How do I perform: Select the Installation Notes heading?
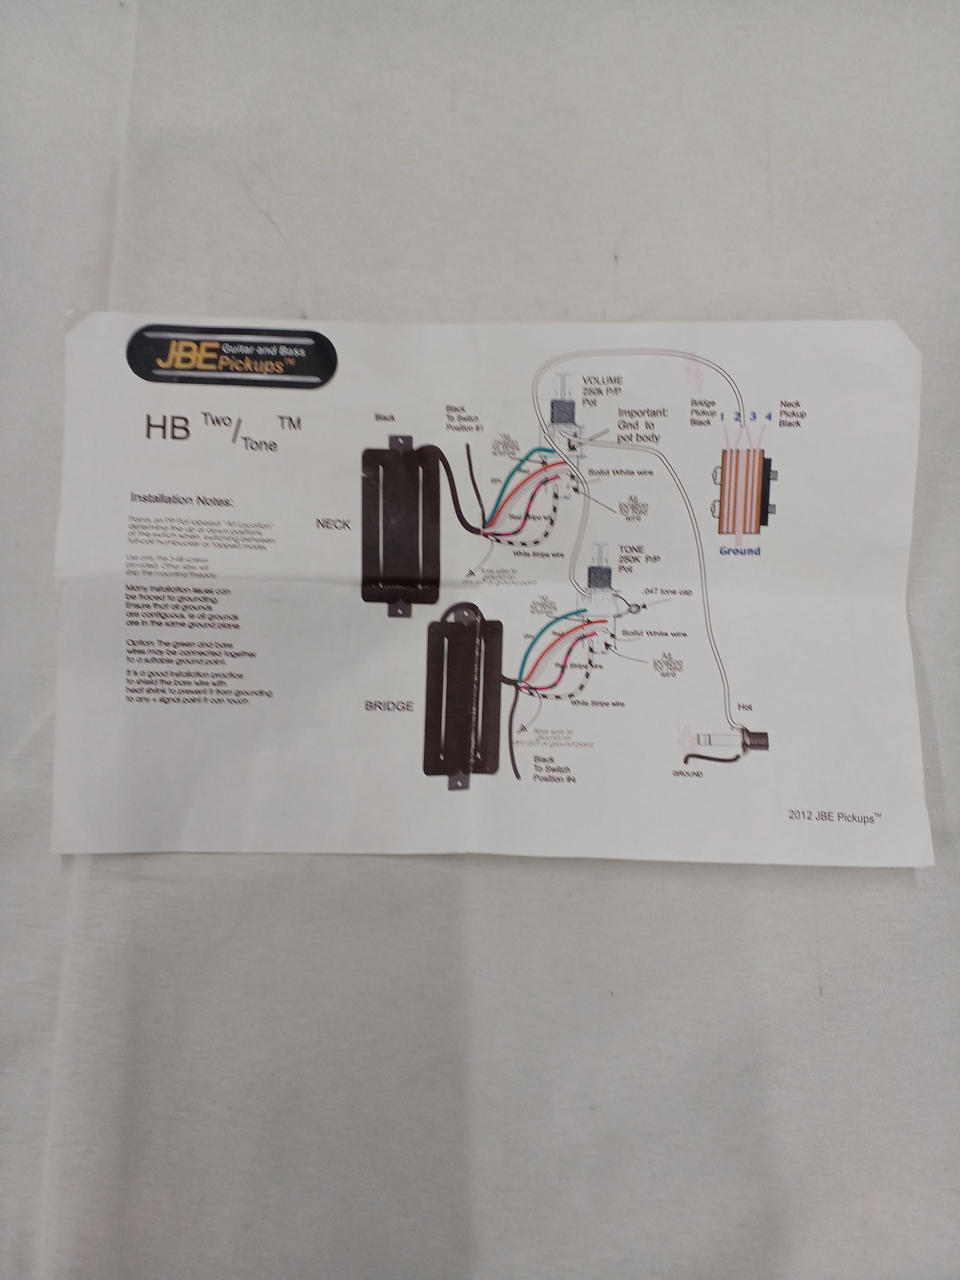click(x=181, y=497)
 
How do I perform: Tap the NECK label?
click(x=333, y=524)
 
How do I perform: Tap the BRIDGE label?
click(x=388, y=706)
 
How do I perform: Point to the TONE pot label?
click(x=631, y=550)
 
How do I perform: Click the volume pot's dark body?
click(x=564, y=412)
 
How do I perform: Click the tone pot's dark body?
click(x=599, y=578)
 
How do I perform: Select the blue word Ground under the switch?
click(x=739, y=551)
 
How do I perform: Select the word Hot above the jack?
click(x=744, y=707)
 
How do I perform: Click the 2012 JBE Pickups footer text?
click(x=833, y=815)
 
